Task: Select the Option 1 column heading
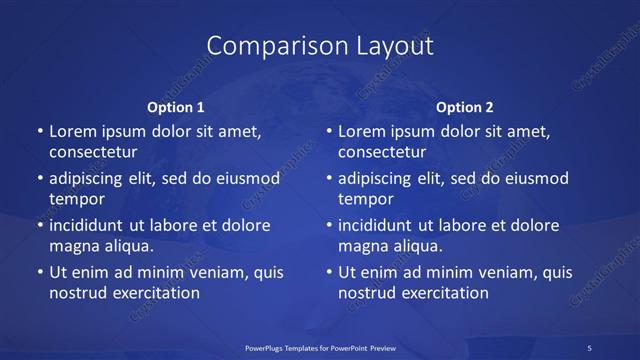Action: [176, 106]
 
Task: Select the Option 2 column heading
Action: [465, 106]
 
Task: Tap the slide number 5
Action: [590, 347]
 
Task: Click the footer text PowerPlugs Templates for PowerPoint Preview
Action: [319, 347]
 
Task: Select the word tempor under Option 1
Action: [76, 199]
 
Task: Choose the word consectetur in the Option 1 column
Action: [93, 152]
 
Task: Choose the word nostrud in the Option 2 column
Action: [367, 293]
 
